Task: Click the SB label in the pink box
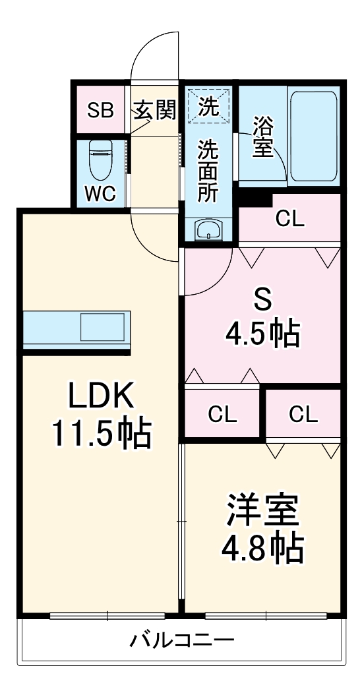(101, 110)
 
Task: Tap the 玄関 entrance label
(156, 110)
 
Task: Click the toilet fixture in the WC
(101, 160)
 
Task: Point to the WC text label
(100, 193)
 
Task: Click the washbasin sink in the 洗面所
(209, 231)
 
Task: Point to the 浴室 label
(262, 136)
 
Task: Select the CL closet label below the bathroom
(290, 219)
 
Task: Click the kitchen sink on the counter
(102, 328)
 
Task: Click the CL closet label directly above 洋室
(303, 414)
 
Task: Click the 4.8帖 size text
(262, 547)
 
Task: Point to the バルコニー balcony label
(181, 640)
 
